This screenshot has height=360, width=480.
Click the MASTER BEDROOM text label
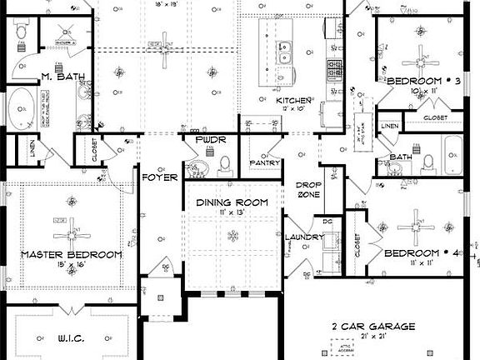pyautogui.click(x=71, y=254)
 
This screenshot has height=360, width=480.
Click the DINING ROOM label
pyautogui.click(x=232, y=202)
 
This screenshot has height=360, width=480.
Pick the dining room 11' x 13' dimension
pyautogui.click(x=232, y=213)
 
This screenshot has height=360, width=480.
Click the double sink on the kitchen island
pyautogui.click(x=286, y=53)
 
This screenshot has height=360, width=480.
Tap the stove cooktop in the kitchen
pyautogui.click(x=335, y=67)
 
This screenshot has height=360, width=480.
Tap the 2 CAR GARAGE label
pyautogui.click(x=372, y=327)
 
